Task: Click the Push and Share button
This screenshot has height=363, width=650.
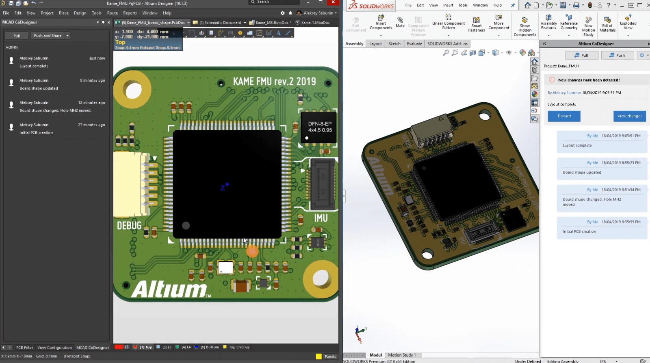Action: tap(48, 36)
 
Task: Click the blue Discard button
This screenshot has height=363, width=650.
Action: tap(564, 116)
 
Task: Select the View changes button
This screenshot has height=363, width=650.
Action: tap(629, 116)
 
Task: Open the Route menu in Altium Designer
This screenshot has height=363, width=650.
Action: tap(113, 13)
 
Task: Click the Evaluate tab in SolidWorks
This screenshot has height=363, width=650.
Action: tap(414, 44)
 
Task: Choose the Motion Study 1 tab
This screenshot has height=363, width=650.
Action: tap(402, 355)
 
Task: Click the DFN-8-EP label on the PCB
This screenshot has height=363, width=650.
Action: tap(320, 124)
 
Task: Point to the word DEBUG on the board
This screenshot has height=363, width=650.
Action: tap(129, 226)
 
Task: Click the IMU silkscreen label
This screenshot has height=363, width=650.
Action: tap(321, 218)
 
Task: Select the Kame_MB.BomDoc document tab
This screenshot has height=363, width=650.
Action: tap(272, 23)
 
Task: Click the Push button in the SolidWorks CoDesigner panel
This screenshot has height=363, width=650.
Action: tap(617, 55)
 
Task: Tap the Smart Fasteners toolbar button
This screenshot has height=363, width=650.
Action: tap(476, 24)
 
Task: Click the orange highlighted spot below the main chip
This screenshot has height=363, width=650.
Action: tap(252, 251)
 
